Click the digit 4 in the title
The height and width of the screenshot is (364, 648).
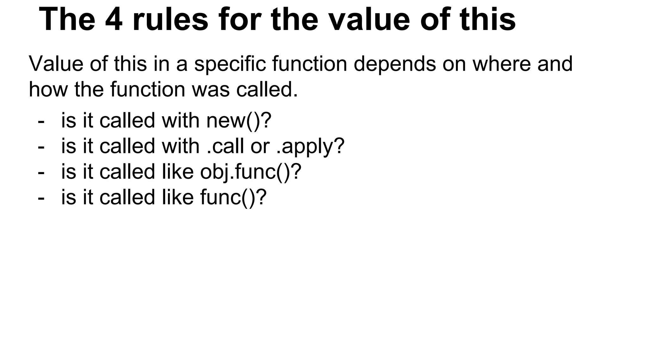[x=114, y=20]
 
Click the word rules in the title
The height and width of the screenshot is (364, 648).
[x=171, y=20]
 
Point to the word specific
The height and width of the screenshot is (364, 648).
[x=230, y=64]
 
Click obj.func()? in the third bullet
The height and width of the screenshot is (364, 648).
[x=251, y=172]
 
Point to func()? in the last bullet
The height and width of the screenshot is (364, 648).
[x=233, y=198]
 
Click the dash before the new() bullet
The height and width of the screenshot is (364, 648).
[x=41, y=121]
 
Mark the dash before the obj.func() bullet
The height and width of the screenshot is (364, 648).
[x=41, y=173]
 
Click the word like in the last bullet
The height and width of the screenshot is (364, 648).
[x=178, y=197]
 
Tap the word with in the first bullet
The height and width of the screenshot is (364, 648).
[x=180, y=121]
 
